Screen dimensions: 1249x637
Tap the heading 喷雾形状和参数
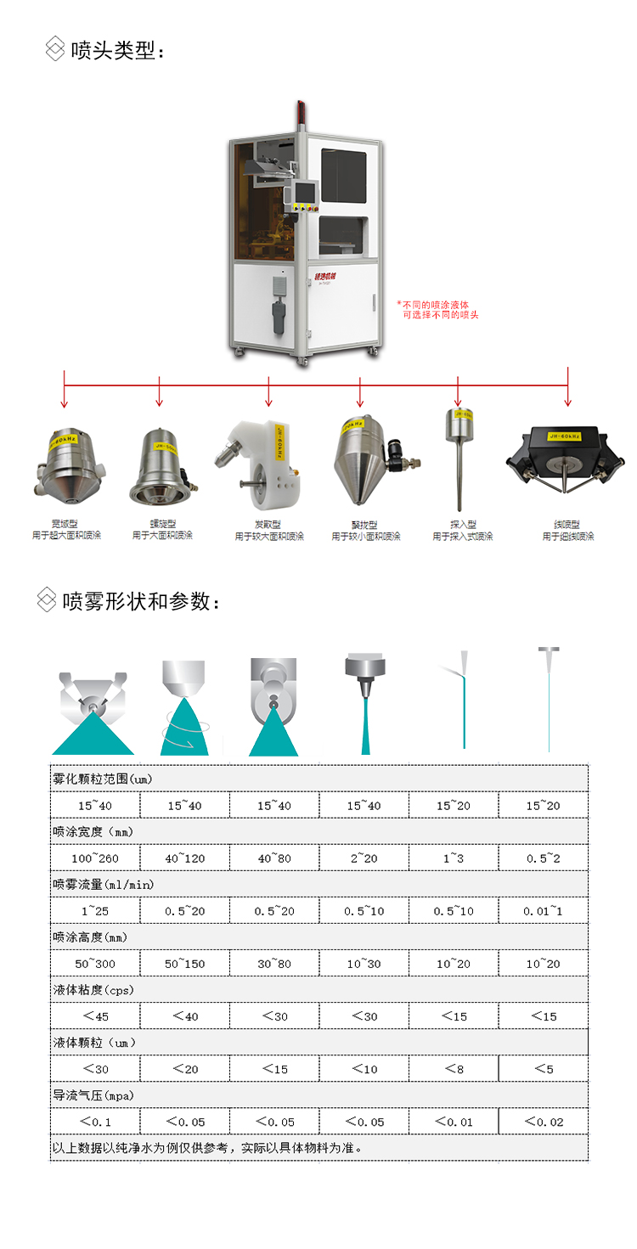point(141,601)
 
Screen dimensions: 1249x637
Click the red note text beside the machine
point(437,309)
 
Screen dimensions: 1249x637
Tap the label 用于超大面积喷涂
point(65,536)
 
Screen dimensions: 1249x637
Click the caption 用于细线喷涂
point(568,536)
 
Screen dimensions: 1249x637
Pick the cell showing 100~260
point(95,858)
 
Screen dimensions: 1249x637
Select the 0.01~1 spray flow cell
point(544,911)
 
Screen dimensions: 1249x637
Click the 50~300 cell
point(95,964)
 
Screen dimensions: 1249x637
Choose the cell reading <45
point(95,1016)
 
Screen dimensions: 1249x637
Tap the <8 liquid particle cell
point(454,1069)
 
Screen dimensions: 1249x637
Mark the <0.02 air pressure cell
point(544,1122)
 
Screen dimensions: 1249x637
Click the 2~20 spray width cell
point(364,858)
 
